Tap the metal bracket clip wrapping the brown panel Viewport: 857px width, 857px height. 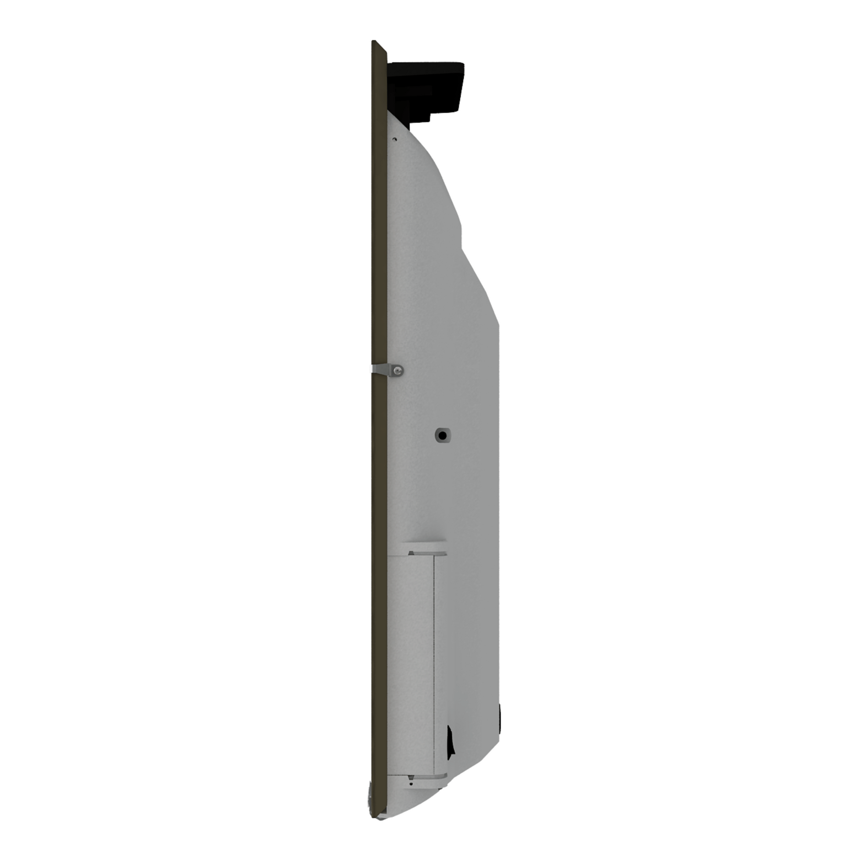381,369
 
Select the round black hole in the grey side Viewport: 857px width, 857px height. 442,435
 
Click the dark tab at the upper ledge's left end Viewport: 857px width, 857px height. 411,553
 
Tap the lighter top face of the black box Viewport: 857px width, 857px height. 426,65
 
